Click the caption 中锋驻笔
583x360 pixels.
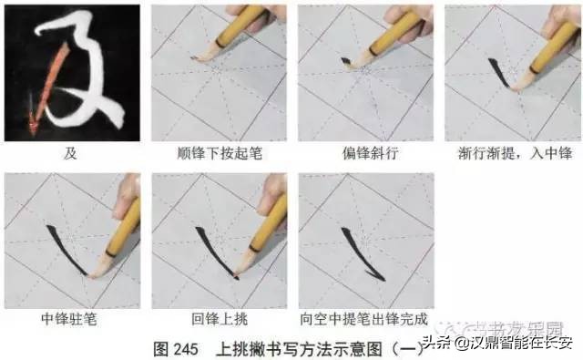pos(71,320)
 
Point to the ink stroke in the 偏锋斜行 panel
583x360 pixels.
pos(345,62)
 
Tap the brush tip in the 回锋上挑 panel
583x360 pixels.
pos(236,271)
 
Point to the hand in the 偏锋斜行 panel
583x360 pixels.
pos(414,22)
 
